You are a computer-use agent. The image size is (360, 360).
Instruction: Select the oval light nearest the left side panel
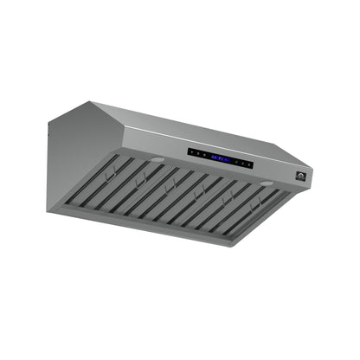(156, 160)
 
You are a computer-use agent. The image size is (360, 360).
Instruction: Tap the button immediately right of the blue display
(235, 161)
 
